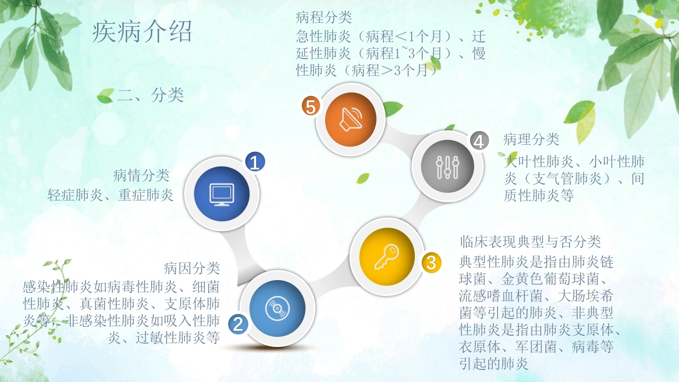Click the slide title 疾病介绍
point(142,31)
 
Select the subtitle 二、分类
point(150,95)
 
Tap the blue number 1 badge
point(255,162)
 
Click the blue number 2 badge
point(238,324)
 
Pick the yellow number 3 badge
point(431,262)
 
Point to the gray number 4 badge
point(479,141)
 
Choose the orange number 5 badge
point(311,106)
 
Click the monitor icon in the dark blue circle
point(222,195)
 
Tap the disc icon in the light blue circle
point(277,309)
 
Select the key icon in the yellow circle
point(387,257)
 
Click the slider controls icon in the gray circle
point(447,167)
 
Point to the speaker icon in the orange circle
point(351,119)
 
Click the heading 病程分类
point(324,18)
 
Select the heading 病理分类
point(531,140)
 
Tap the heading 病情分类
point(141,176)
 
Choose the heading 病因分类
point(191,268)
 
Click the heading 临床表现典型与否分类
point(530,242)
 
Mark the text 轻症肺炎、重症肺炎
point(110,195)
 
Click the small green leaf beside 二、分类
point(106,96)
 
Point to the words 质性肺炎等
point(538,196)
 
